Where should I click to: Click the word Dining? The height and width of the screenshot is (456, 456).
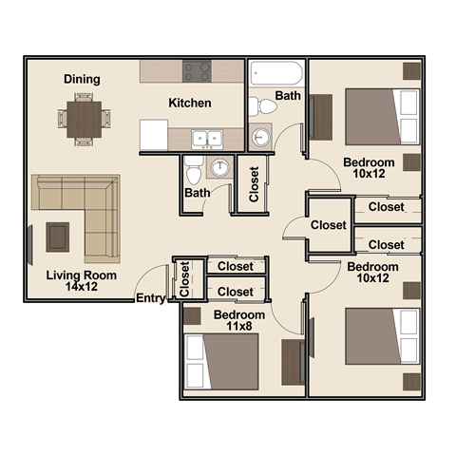82,79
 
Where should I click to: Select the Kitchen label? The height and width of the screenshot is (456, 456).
190,103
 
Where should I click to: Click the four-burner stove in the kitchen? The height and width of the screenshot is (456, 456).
198,70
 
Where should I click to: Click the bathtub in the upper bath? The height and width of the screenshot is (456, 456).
276,74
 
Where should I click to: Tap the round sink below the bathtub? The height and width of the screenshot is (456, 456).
260,136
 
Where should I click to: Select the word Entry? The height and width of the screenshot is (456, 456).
150,298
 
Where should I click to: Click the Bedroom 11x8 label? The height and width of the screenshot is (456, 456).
238,320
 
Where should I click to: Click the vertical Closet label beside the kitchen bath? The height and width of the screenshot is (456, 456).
254,186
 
